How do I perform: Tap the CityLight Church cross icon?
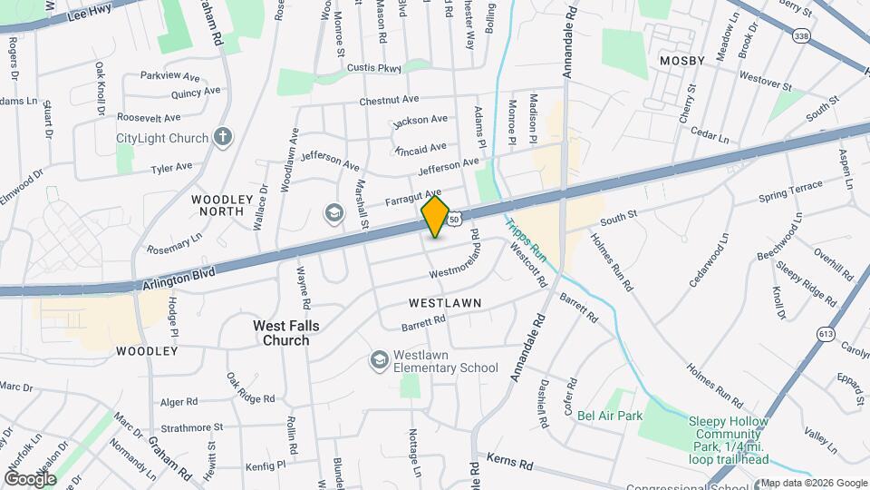(223, 138)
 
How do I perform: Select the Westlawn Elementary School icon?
(379, 361)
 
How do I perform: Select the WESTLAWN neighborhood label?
(444, 301)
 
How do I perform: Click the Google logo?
(30, 478)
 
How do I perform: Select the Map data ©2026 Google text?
(814, 483)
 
